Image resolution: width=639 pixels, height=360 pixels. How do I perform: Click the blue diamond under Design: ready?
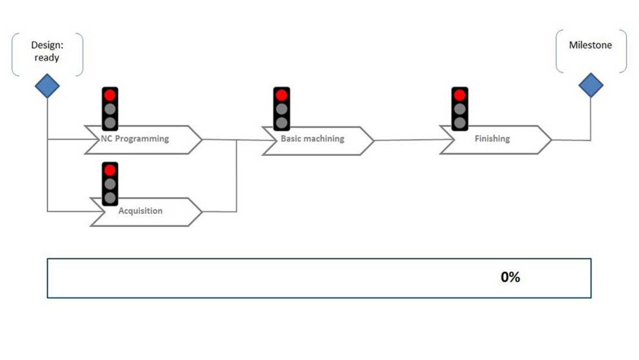coord(47,85)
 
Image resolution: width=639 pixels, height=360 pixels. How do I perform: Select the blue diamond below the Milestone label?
coord(591,85)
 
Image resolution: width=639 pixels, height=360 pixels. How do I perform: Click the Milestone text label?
coord(590,45)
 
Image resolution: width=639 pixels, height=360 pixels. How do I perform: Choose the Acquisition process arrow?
coord(143,211)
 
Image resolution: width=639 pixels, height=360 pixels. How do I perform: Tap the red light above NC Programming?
coord(110,95)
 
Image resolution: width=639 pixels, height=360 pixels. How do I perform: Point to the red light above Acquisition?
coord(110,170)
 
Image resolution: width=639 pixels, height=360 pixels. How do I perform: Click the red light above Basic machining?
coord(281,95)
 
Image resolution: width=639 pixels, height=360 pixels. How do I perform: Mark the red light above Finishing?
coord(459,95)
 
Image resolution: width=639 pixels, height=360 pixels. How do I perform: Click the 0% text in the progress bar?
coord(510,277)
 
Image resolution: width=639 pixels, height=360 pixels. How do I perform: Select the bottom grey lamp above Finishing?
coord(459,123)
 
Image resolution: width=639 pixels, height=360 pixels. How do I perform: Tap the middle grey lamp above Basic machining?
coord(281,109)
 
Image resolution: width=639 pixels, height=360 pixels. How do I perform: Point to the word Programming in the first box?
coord(142,139)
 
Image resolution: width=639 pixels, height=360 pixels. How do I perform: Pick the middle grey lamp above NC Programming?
coord(110,109)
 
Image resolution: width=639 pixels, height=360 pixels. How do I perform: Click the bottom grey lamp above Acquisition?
coord(110,197)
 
